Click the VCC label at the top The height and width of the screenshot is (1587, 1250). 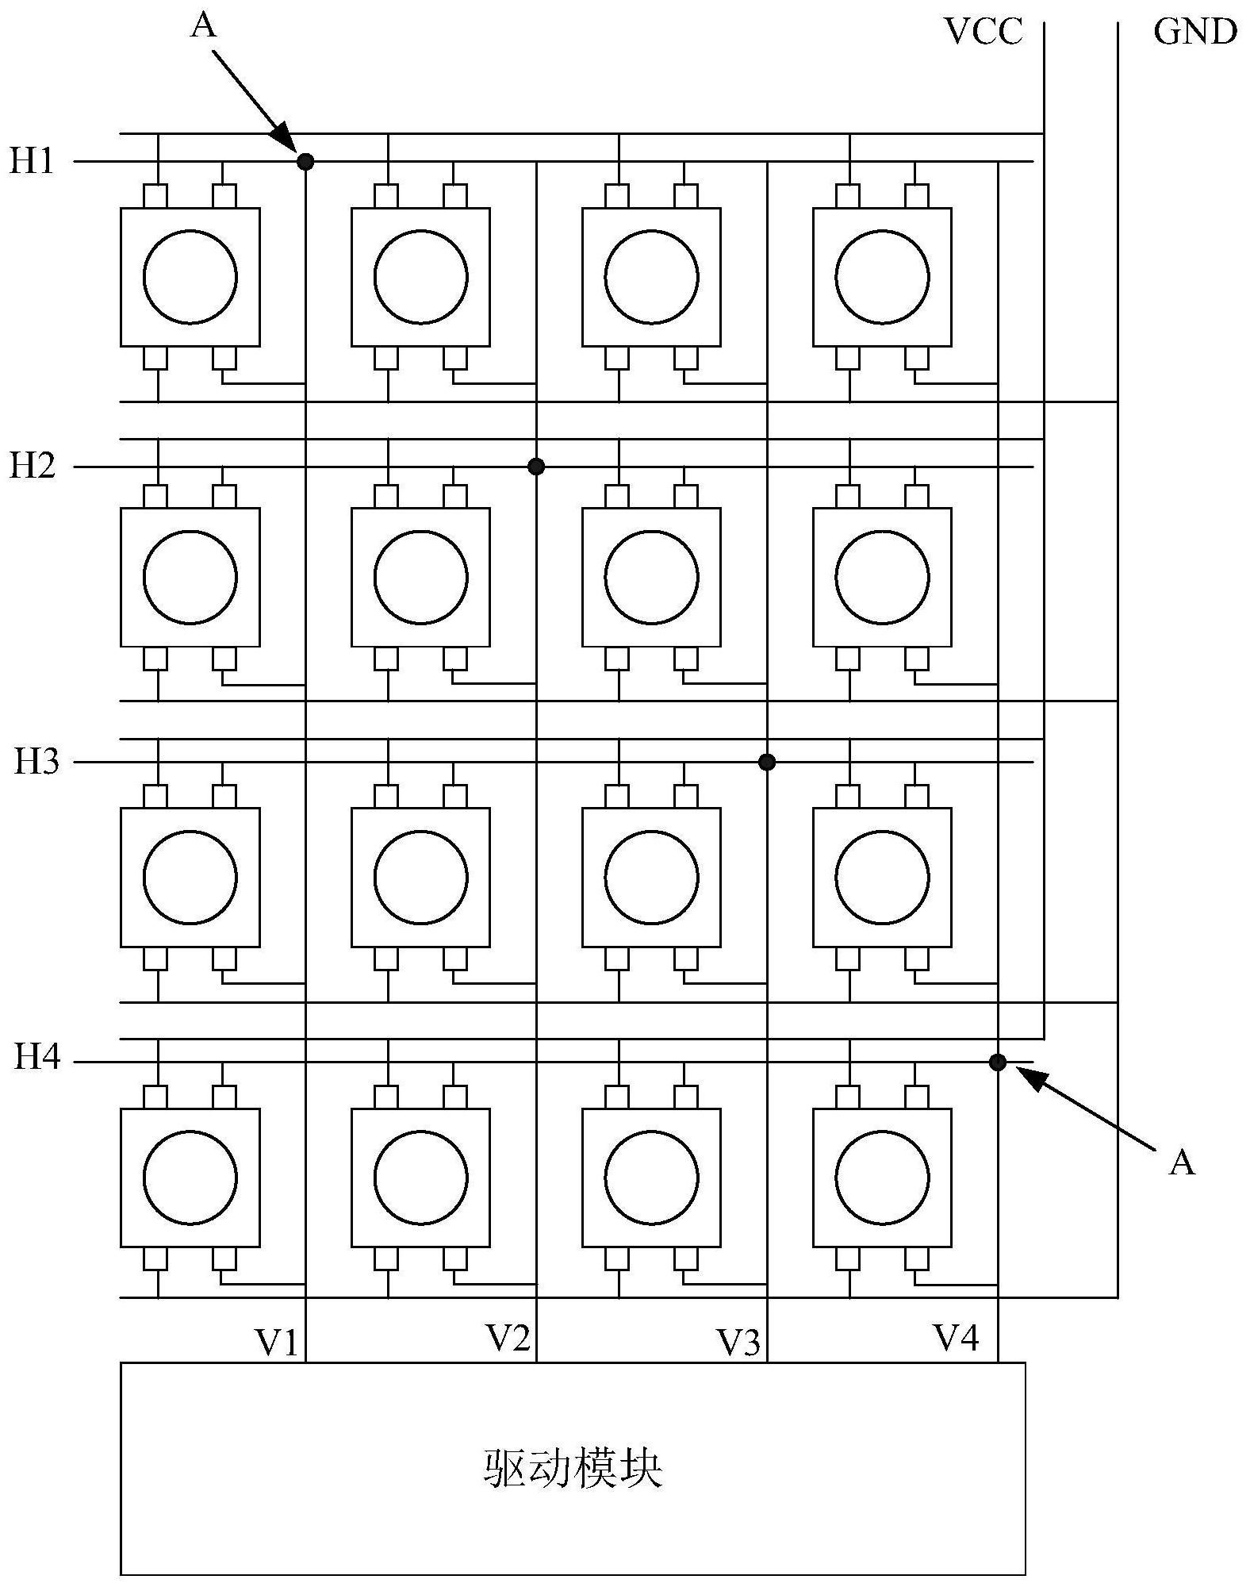[x=984, y=32]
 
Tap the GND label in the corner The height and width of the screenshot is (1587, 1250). [x=1194, y=32]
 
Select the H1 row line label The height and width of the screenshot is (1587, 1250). [x=32, y=161]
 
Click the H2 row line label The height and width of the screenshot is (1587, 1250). [x=32, y=466]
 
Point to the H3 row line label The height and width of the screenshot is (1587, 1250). [x=36, y=762]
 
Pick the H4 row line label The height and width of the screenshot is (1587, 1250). [x=36, y=1059]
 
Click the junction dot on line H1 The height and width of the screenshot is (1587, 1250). [x=305, y=162]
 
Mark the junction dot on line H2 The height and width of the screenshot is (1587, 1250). [x=536, y=466]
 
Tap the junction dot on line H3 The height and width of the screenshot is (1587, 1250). [x=766, y=762]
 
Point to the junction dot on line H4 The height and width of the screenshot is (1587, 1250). [x=997, y=1062]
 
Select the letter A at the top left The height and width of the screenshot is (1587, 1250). [x=203, y=25]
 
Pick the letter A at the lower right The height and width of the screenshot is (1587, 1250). [x=1181, y=1163]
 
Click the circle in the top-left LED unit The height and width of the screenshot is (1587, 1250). [x=190, y=277]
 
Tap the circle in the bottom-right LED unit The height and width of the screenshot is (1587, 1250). [x=882, y=1178]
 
